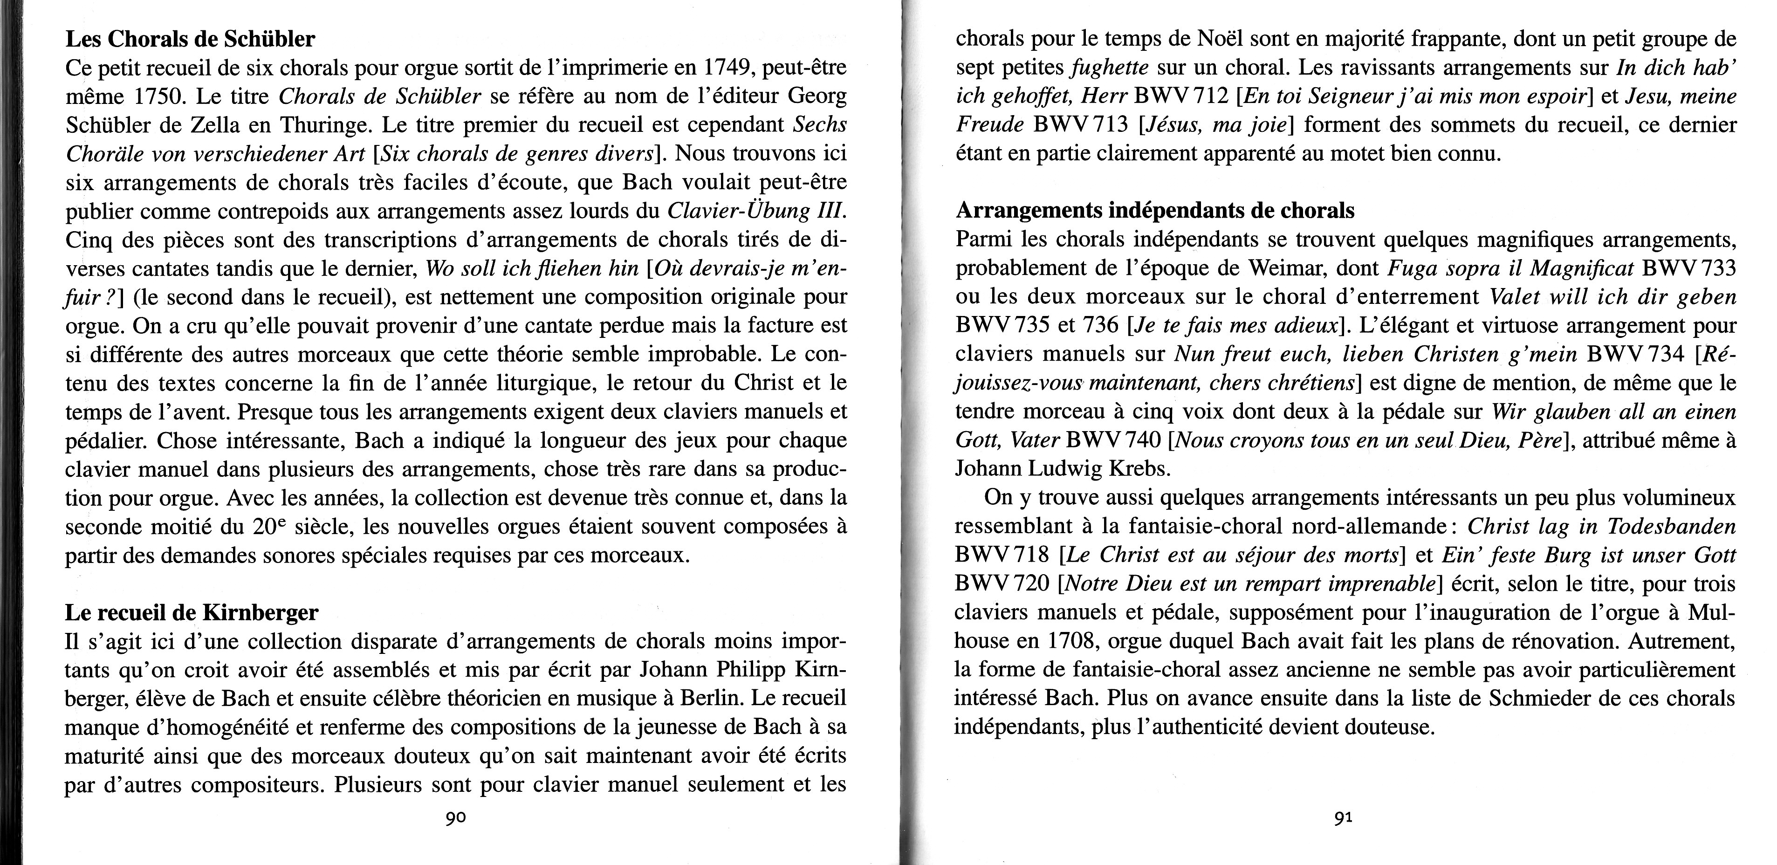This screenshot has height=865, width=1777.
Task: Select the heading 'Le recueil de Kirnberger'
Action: (x=192, y=612)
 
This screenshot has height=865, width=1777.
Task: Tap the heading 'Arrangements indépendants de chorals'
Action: (x=1155, y=210)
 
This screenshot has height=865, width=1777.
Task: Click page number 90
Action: (x=455, y=818)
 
